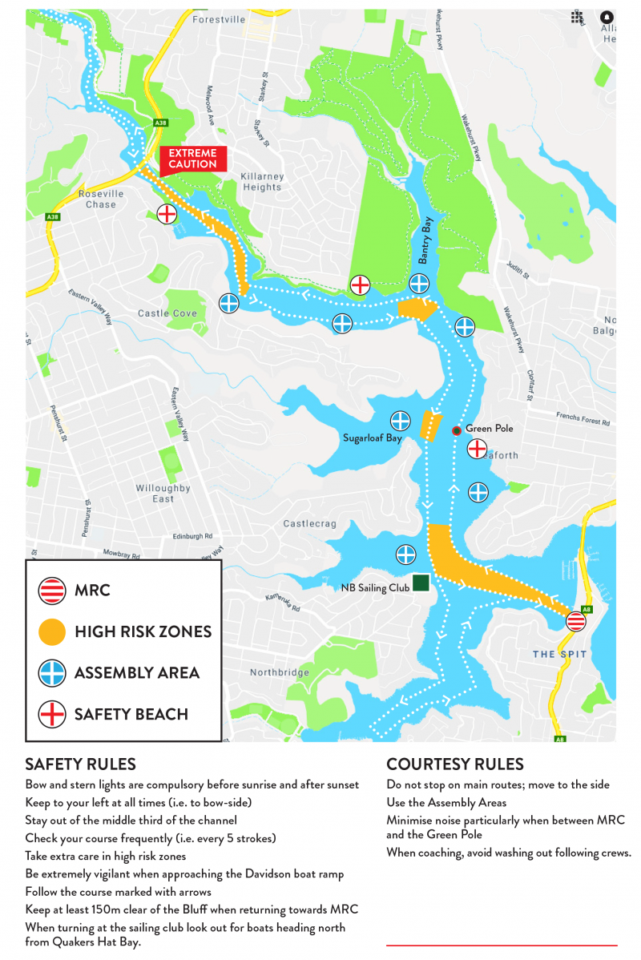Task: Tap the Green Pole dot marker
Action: pyautogui.click(x=457, y=430)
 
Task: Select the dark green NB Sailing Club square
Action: pyautogui.click(x=421, y=583)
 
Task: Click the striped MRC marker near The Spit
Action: pyautogui.click(x=575, y=621)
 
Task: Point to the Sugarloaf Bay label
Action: pyautogui.click(x=373, y=438)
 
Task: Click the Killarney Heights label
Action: pyautogui.click(x=263, y=181)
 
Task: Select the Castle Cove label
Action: pyautogui.click(x=167, y=313)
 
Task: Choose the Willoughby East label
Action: pyautogui.click(x=163, y=494)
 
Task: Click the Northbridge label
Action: pyautogui.click(x=279, y=672)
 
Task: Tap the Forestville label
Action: pyautogui.click(x=219, y=19)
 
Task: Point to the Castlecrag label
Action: pyautogui.click(x=310, y=523)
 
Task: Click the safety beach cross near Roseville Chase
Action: pyautogui.click(x=167, y=214)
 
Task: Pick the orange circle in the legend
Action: pyautogui.click(x=52, y=631)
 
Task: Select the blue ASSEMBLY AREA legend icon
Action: pyautogui.click(x=52, y=672)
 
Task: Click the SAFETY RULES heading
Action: pyautogui.click(x=80, y=764)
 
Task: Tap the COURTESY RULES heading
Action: pyautogui.click(x=455, y=764)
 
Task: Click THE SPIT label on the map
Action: pyautogui.click(x=559, y=655)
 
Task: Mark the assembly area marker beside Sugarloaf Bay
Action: pyautogui.click(x=401, y=420)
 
